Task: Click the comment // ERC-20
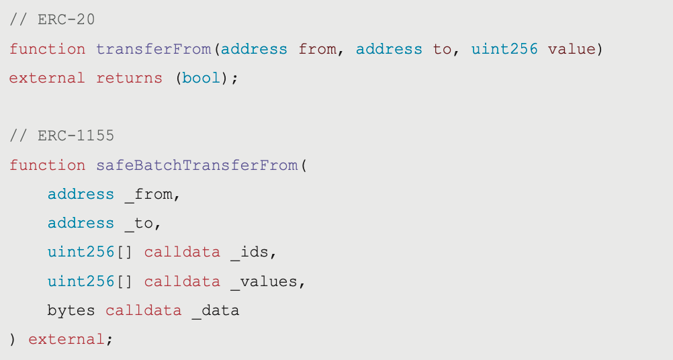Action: [52, 19]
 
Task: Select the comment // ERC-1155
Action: [62, 136]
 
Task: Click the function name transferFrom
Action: [153, 49]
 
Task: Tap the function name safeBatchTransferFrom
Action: [196, 165]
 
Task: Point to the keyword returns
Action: [129, 78]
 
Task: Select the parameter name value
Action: [572, 49]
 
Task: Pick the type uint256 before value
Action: [504, 49]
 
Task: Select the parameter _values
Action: [263, 281]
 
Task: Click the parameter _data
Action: [215, 310]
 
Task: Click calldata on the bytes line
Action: [143, 310]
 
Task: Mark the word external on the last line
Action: [66, 339]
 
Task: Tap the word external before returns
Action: [47, 78]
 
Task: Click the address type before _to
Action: [81, 223]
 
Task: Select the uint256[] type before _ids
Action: [90, 253]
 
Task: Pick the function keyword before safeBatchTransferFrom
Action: [47, 165]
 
